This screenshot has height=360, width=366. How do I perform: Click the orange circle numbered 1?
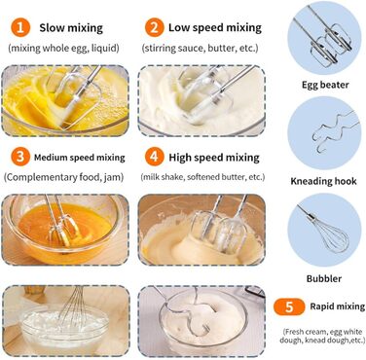(20, 27)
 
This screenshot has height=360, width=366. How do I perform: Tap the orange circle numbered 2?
(154, 27)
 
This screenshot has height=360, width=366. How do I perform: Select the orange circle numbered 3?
(20, 157)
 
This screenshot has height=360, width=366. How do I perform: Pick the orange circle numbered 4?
(154, 157)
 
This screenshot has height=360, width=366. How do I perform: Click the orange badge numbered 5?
(289, 306)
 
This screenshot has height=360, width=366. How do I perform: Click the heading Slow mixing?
(71, 28)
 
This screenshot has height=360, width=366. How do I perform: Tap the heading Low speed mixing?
(215, 28)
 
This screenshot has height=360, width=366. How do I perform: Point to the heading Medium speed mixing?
(80, 158)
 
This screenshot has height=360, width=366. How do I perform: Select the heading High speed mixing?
(214, 158)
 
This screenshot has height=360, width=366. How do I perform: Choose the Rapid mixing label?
(338, 306)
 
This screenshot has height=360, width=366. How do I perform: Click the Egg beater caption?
(325, 85)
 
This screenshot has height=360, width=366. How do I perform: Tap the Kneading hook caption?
(323, 181)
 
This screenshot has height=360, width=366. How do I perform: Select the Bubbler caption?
(324, 278)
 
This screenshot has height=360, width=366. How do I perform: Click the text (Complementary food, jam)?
(64, 177)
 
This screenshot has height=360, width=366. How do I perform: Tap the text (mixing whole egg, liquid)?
(63, 49)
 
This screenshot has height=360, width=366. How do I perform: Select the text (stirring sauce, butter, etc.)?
(201, 49)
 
